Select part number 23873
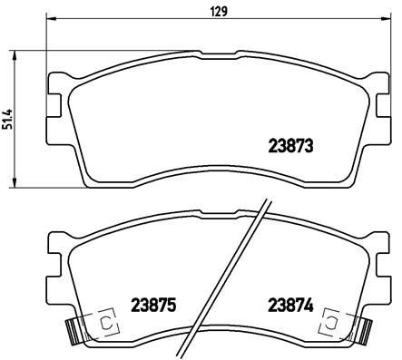point(291,145)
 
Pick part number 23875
point(152,306)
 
